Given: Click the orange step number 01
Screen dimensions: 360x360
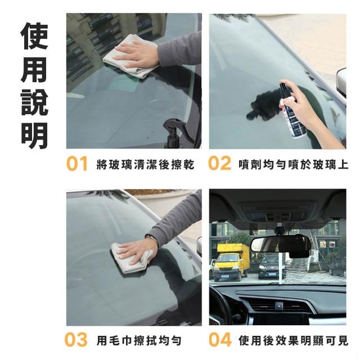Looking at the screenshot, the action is pos(77,164).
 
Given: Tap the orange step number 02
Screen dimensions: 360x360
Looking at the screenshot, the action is pos(219,163).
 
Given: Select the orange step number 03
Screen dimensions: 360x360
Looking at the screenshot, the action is pos(76,340).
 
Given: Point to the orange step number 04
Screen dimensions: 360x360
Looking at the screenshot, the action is pos(220,340).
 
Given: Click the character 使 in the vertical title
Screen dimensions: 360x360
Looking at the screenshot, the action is pos(35,36).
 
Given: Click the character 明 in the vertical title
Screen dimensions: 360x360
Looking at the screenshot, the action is pos(35,136).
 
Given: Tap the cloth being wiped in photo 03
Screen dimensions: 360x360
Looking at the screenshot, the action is pos(130,259).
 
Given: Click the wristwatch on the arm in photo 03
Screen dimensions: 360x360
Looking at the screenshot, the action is pos(152,238).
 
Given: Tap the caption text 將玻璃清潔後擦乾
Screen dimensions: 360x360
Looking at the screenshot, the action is pos(146,164).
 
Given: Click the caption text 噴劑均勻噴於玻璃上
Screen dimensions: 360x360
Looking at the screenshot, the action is pos(294,164).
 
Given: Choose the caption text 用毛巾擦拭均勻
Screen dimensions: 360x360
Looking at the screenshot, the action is pos(139,340).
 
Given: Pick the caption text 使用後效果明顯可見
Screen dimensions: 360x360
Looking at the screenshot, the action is pos(294,340).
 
